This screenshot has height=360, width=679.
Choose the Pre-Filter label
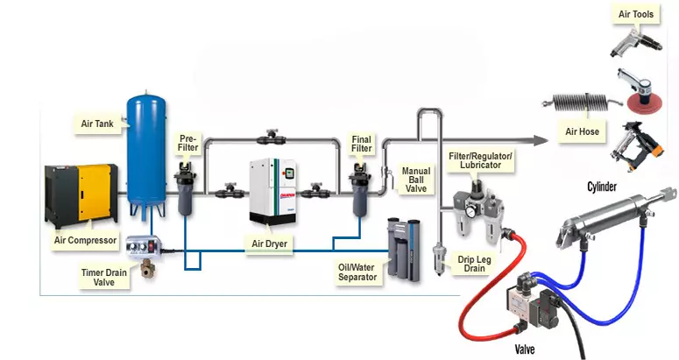187,143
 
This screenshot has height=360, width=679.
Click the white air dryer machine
271,191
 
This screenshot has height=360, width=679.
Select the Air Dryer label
268,243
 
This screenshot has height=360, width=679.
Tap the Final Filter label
362,144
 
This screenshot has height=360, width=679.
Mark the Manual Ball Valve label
413,180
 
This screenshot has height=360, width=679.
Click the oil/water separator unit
404,249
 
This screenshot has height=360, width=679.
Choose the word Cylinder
601,187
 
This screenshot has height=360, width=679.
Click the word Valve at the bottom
525,349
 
